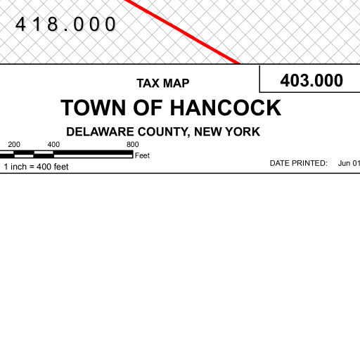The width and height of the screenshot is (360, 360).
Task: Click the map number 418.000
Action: click(65, 24)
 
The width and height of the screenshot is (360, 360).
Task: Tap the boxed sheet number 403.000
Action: click(311, 80)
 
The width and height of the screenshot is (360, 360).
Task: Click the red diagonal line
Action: click(182, 32)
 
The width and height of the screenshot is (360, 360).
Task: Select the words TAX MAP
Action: click(163, 83)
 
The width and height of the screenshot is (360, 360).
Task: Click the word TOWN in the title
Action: click(94, 108)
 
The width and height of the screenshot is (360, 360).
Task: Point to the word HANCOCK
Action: click(226, 108)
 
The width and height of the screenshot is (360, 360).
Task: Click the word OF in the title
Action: click(148, 108)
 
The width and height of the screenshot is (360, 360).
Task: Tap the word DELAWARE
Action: click(100, 131)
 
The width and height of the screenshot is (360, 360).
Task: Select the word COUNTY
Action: click(164, 132)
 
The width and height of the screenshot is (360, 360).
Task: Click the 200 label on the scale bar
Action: click(14, 144)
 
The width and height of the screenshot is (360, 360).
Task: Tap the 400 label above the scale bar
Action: click(53, 144)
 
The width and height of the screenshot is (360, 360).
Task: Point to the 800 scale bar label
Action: click(133, 144)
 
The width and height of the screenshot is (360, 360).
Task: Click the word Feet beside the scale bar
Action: click(142, 155)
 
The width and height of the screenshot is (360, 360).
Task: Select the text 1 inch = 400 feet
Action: click(36, 167)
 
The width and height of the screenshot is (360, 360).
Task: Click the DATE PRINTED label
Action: click(298, 163)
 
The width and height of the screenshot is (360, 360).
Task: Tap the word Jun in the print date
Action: click(344, 163)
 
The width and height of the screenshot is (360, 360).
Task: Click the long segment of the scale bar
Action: click(94, 154)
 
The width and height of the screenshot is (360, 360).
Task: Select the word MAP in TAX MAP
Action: click(176, 83)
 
